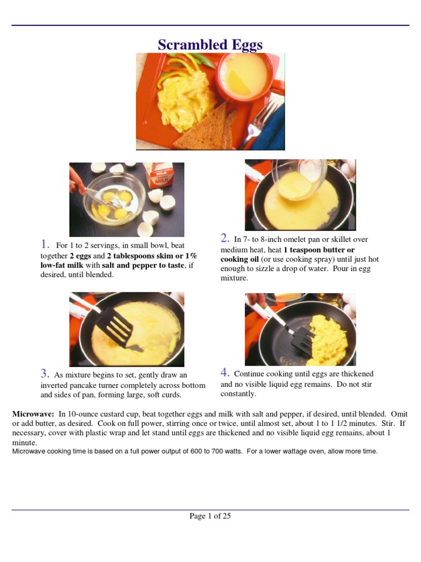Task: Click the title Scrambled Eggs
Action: pyautogui.click(x=210, y=44)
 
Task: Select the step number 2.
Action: pyautogui.click(x=225, y=238)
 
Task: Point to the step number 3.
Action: pyautogui.click(x=45, y=374)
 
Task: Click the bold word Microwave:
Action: pyautogui.click(x=33, y=414)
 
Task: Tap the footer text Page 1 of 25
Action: pyautogui.click(x=210, y=516)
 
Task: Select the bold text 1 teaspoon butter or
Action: pyautogui.click(x=318, y=250)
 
